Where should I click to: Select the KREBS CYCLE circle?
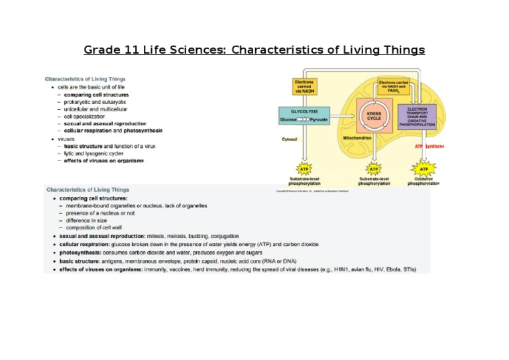tap(374, 117)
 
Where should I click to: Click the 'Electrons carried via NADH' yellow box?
tap(305, 86)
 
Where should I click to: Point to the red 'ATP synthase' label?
tap(429, 146)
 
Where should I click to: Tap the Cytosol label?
tap(290, 139)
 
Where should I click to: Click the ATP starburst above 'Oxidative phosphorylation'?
tap(424, 169)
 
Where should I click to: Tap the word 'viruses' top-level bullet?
tap(66, 139)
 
